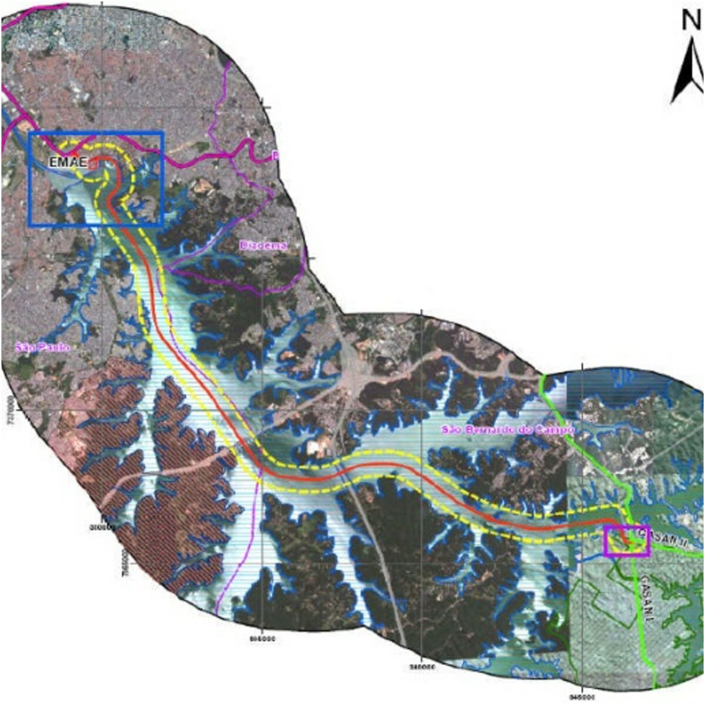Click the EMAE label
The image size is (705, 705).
(68, 163)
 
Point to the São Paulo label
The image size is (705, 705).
(42, 348)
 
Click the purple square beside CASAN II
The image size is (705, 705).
(627, 541)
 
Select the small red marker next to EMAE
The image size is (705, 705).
(92, 165)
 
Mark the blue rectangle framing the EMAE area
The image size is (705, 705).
(96, 133)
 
